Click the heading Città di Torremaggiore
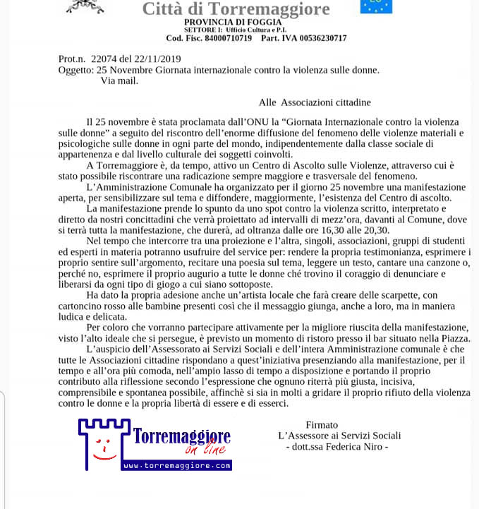pos(236,9)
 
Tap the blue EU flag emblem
pos(376,6)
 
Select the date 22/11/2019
pos(159,59)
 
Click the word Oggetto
pos(75,69)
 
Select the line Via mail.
pos(119,80)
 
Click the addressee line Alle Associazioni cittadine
pos(315,102)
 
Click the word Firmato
pos(322,424)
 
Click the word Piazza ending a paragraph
pos(450,339)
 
